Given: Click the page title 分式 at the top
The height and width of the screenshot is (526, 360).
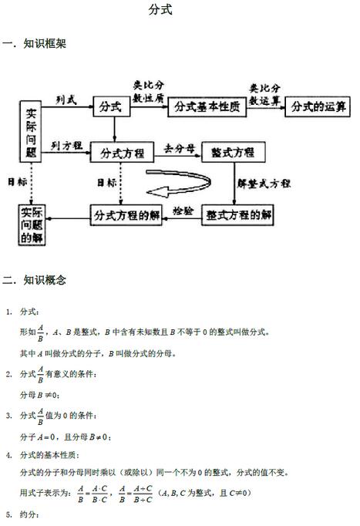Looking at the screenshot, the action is (x=160, y=9).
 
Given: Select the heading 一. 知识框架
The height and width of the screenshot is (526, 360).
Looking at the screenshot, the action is (x=35, y=44).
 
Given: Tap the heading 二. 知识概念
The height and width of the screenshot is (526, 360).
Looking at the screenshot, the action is (x=35, y=280).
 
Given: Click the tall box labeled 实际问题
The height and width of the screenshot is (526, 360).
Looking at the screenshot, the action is (x=31, y=131).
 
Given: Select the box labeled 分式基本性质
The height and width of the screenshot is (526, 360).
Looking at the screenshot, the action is (x=207, y=107).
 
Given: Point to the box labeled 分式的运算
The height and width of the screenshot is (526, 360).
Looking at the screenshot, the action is (x=318, y=106).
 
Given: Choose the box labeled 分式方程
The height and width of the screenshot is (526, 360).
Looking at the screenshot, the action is (x=122, y=152).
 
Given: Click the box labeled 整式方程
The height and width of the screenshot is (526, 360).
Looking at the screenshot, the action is (x=234, y=152).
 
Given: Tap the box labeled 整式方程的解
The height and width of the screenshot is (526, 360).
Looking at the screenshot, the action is (x=237, y=214).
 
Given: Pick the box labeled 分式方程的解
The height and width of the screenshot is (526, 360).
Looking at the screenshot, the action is (x=126, y=215).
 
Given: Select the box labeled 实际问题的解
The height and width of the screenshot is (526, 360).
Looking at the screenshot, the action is (x=32, y=224).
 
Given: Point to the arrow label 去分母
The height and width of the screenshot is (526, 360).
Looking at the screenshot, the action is (x=180, y=148).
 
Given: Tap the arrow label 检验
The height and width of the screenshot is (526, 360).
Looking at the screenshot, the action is (x=183, y=211).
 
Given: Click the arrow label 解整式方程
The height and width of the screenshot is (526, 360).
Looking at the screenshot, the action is (x=264, y=183).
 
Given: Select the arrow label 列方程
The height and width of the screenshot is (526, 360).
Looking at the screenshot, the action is (x=66, y=146).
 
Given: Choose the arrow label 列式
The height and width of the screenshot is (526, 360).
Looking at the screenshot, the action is (x=66, y=99).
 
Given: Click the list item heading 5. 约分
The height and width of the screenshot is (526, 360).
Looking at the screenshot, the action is (x=23, y=514).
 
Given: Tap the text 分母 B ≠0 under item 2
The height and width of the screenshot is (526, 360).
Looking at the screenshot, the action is (x=39, y=395).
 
